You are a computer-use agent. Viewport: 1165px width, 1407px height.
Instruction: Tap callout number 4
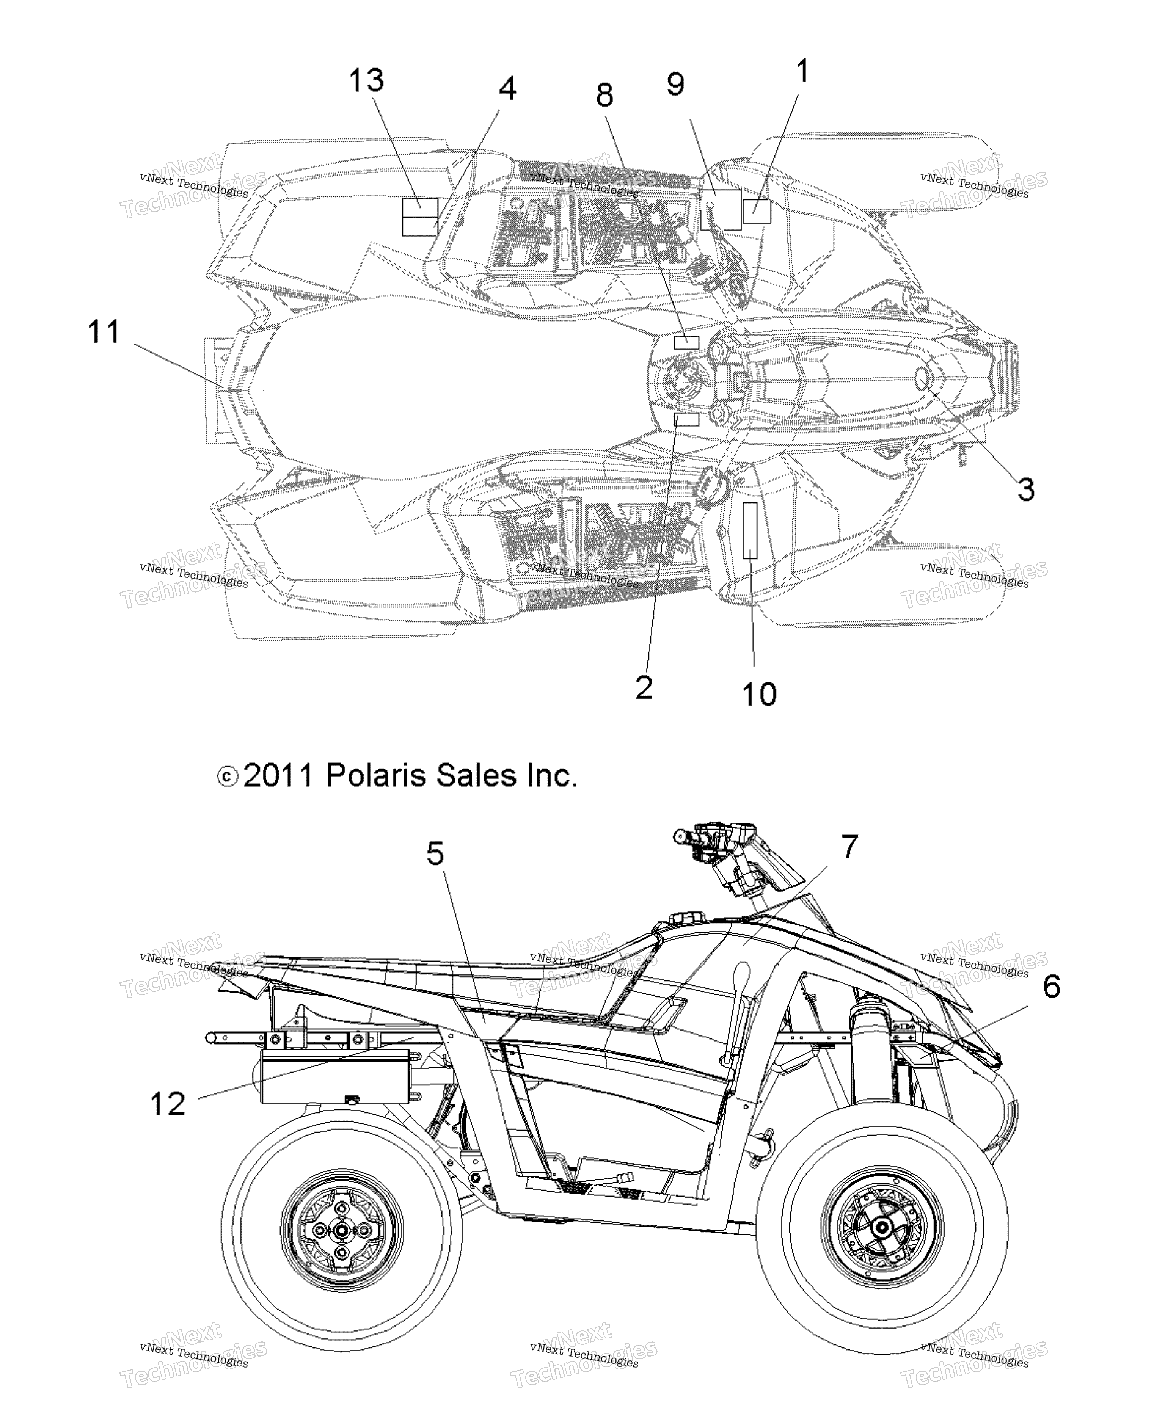pos(507,88)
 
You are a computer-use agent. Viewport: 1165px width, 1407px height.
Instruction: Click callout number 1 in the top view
pos(802,71)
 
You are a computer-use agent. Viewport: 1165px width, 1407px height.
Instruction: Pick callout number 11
pos(104,332)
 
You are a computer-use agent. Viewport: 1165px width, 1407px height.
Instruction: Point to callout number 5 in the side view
pos(435,853)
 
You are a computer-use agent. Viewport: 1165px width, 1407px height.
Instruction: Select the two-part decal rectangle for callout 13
pos(419,217)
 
